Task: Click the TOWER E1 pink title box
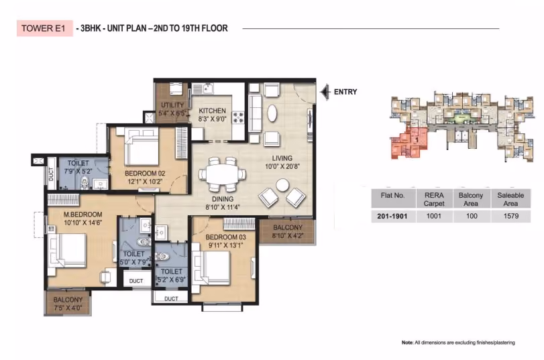45,28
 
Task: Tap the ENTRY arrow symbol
325,93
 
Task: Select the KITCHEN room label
212,111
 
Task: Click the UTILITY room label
172,105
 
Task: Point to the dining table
223,174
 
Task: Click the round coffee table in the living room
282,185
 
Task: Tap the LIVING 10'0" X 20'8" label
282,162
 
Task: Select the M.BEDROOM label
83,215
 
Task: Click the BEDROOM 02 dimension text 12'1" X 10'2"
145,182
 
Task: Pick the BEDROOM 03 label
225,237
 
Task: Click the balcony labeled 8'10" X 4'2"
287,232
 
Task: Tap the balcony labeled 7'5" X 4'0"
68,303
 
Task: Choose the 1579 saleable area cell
510,216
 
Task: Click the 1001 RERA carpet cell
434,216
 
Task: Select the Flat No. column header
392,195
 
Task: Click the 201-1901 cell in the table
392,216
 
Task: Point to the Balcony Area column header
471,199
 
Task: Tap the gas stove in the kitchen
238,117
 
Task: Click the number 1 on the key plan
417,140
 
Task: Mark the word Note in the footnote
407,343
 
